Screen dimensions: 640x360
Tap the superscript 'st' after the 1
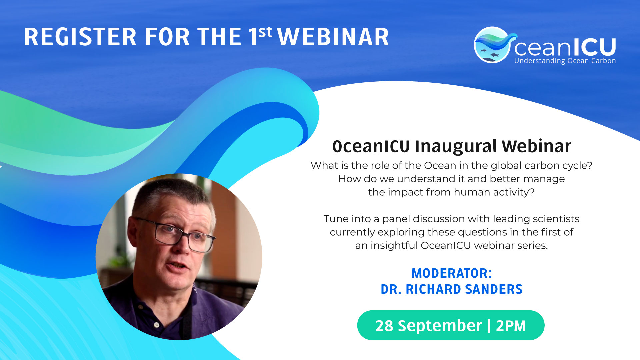click(265, 32)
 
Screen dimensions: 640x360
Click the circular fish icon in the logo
click(492, 45)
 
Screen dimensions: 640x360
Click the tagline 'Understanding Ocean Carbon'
click(565, 61)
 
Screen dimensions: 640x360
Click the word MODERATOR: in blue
click(452, 273)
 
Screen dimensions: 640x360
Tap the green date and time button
click(451, 325)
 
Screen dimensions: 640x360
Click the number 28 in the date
click(384, 326)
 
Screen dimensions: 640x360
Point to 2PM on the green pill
click(511, 326)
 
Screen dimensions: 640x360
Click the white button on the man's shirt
click(157, 324)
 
